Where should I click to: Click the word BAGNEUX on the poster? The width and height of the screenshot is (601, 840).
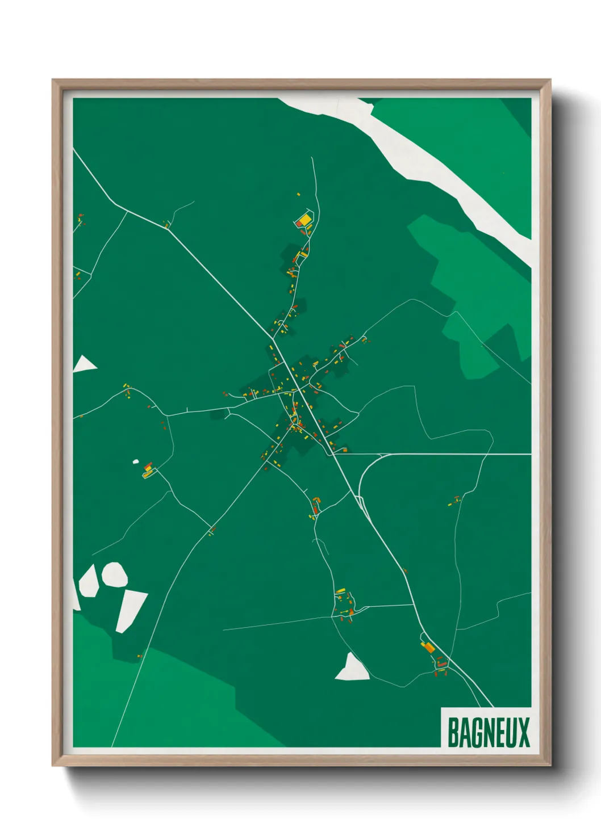[489, 732]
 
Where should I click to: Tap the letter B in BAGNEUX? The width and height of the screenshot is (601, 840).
[453, 732]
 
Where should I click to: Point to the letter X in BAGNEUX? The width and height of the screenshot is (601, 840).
[524, 732]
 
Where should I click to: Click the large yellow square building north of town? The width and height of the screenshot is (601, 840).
[304, 219]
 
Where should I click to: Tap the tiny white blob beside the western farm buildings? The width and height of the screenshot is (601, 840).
[136, 461]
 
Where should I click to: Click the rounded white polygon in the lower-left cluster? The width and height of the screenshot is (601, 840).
[115, 574]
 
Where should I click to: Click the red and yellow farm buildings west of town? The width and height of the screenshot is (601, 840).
[148, 469]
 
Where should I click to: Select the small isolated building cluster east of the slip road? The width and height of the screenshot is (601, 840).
[454, 501]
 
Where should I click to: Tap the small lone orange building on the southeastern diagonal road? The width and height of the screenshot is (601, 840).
[404, 571]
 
